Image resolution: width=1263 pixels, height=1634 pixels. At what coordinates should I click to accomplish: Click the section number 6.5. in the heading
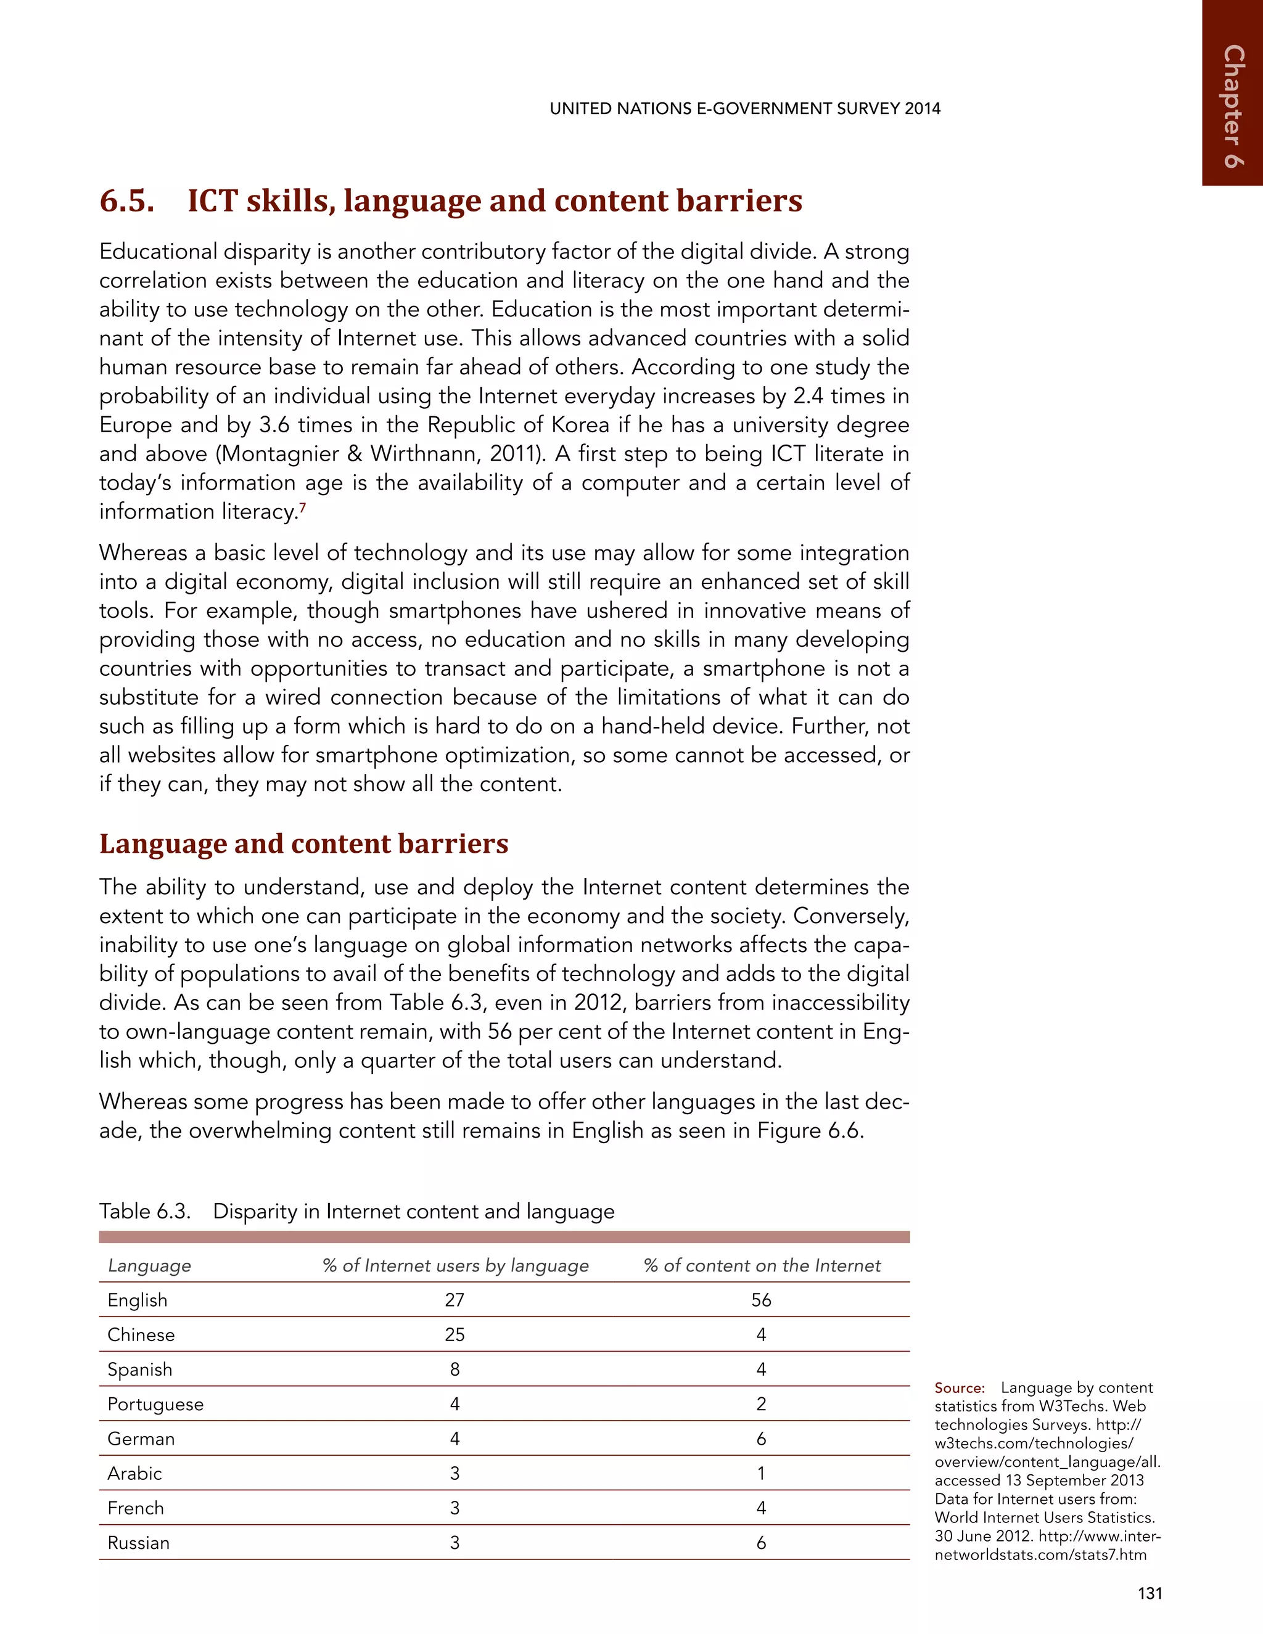pyautogui.click(x=127, y=200)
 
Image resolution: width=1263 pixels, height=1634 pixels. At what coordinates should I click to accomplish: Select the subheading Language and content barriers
pyautogui.click(x=304, y=843)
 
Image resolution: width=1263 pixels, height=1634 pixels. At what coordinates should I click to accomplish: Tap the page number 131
pyautogui.click(x=1150, y=1593)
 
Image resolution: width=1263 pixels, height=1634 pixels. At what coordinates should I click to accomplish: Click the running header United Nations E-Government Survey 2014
pyautogui.click(x=744, y=109)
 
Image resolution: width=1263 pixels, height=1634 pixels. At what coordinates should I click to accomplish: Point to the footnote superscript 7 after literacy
pyautogui.click(x=302, y=508)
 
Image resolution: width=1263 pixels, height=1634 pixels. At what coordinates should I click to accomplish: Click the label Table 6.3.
pyautogui.click(x=144, y=1210)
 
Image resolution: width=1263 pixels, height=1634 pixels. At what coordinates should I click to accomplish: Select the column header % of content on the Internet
pyautogui.click(x=762, y=1265)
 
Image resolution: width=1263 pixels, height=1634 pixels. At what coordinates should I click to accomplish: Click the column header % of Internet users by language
pyautogui.click(x=455, y=1265)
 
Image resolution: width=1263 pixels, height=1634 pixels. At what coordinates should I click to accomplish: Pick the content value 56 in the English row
pyautogui.click(x=761, y=1300)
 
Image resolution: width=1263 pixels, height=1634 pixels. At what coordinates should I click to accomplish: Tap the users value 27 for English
pyautogui.click(x=454, y=1300)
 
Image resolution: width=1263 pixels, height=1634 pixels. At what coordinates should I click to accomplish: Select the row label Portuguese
pyautogui.click(x=155, y=1403)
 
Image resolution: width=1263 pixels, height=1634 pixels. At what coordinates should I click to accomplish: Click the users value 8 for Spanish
pyautogui.click(x=454, y=1369)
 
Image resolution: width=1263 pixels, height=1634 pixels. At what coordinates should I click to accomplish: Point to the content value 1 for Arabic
pyautogui.click(x=761, y=1473)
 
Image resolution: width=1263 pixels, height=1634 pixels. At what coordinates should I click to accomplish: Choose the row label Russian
pyautogui.click(x=138, y=1543)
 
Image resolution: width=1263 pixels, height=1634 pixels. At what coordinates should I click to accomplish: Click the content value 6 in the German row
pyautogui.click(x=761, y=1439)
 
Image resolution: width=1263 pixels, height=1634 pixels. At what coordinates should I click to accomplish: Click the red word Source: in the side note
pyautogui.click(x=959, y=1388)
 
